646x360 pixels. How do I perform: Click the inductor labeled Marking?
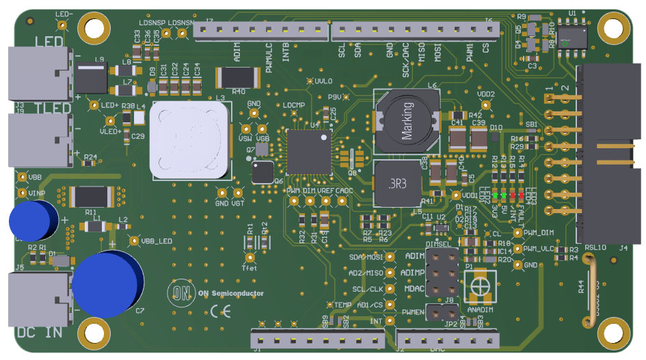[404, 121]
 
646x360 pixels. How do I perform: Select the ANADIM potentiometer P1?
[479, 286]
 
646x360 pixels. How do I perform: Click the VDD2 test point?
[486, 105]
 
